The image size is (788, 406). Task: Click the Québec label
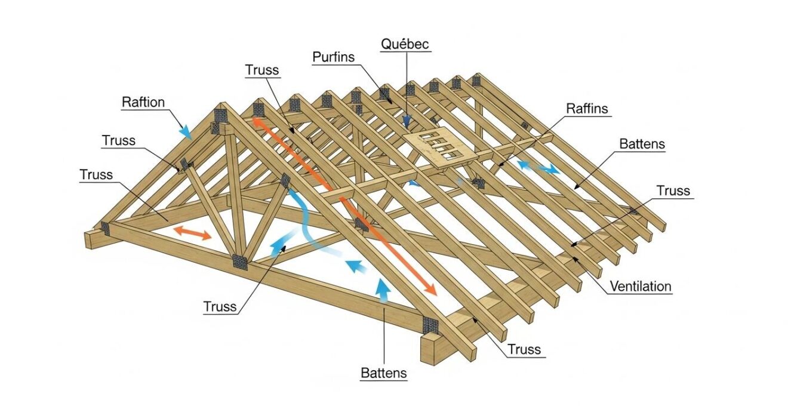405,44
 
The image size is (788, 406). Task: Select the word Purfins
333,57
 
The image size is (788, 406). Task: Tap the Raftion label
143,102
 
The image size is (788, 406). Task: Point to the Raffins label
587,108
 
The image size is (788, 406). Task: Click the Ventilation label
641,287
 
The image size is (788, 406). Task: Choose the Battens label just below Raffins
642,144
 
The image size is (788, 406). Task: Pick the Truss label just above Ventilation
673,191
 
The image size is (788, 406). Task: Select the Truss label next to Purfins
262,69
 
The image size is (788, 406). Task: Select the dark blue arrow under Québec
407,121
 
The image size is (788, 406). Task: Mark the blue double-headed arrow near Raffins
538,167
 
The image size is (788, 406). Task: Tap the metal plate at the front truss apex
221,115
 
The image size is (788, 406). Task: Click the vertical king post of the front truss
233,191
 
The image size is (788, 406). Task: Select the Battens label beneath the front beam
384,374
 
